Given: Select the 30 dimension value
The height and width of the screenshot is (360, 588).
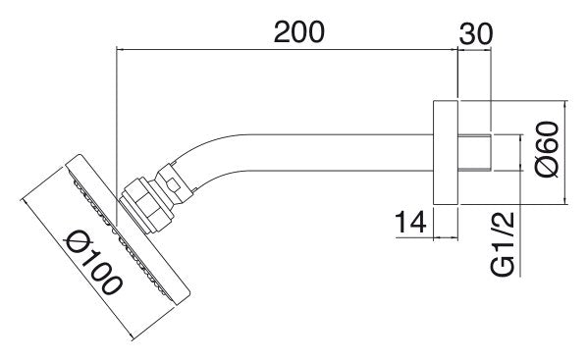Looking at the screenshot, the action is pos(475,33).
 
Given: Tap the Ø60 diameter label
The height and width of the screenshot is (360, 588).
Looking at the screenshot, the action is pos(547,149).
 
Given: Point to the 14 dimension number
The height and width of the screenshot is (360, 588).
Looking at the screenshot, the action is pos(410,222).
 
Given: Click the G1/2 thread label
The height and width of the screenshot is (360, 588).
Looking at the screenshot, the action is pos(504,244).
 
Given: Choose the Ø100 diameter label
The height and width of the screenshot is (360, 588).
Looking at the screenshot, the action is pos(94,262).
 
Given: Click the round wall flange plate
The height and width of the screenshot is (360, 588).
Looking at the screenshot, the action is pos(446,152).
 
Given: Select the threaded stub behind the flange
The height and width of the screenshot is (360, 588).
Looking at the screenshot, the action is pos(474,152).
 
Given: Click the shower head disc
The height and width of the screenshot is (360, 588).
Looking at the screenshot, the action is pos(128,230).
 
